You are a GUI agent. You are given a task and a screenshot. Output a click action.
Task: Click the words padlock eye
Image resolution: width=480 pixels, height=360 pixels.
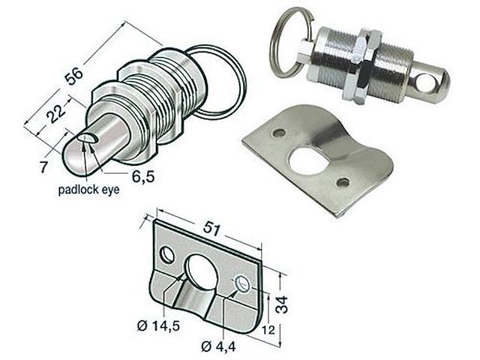88,190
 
